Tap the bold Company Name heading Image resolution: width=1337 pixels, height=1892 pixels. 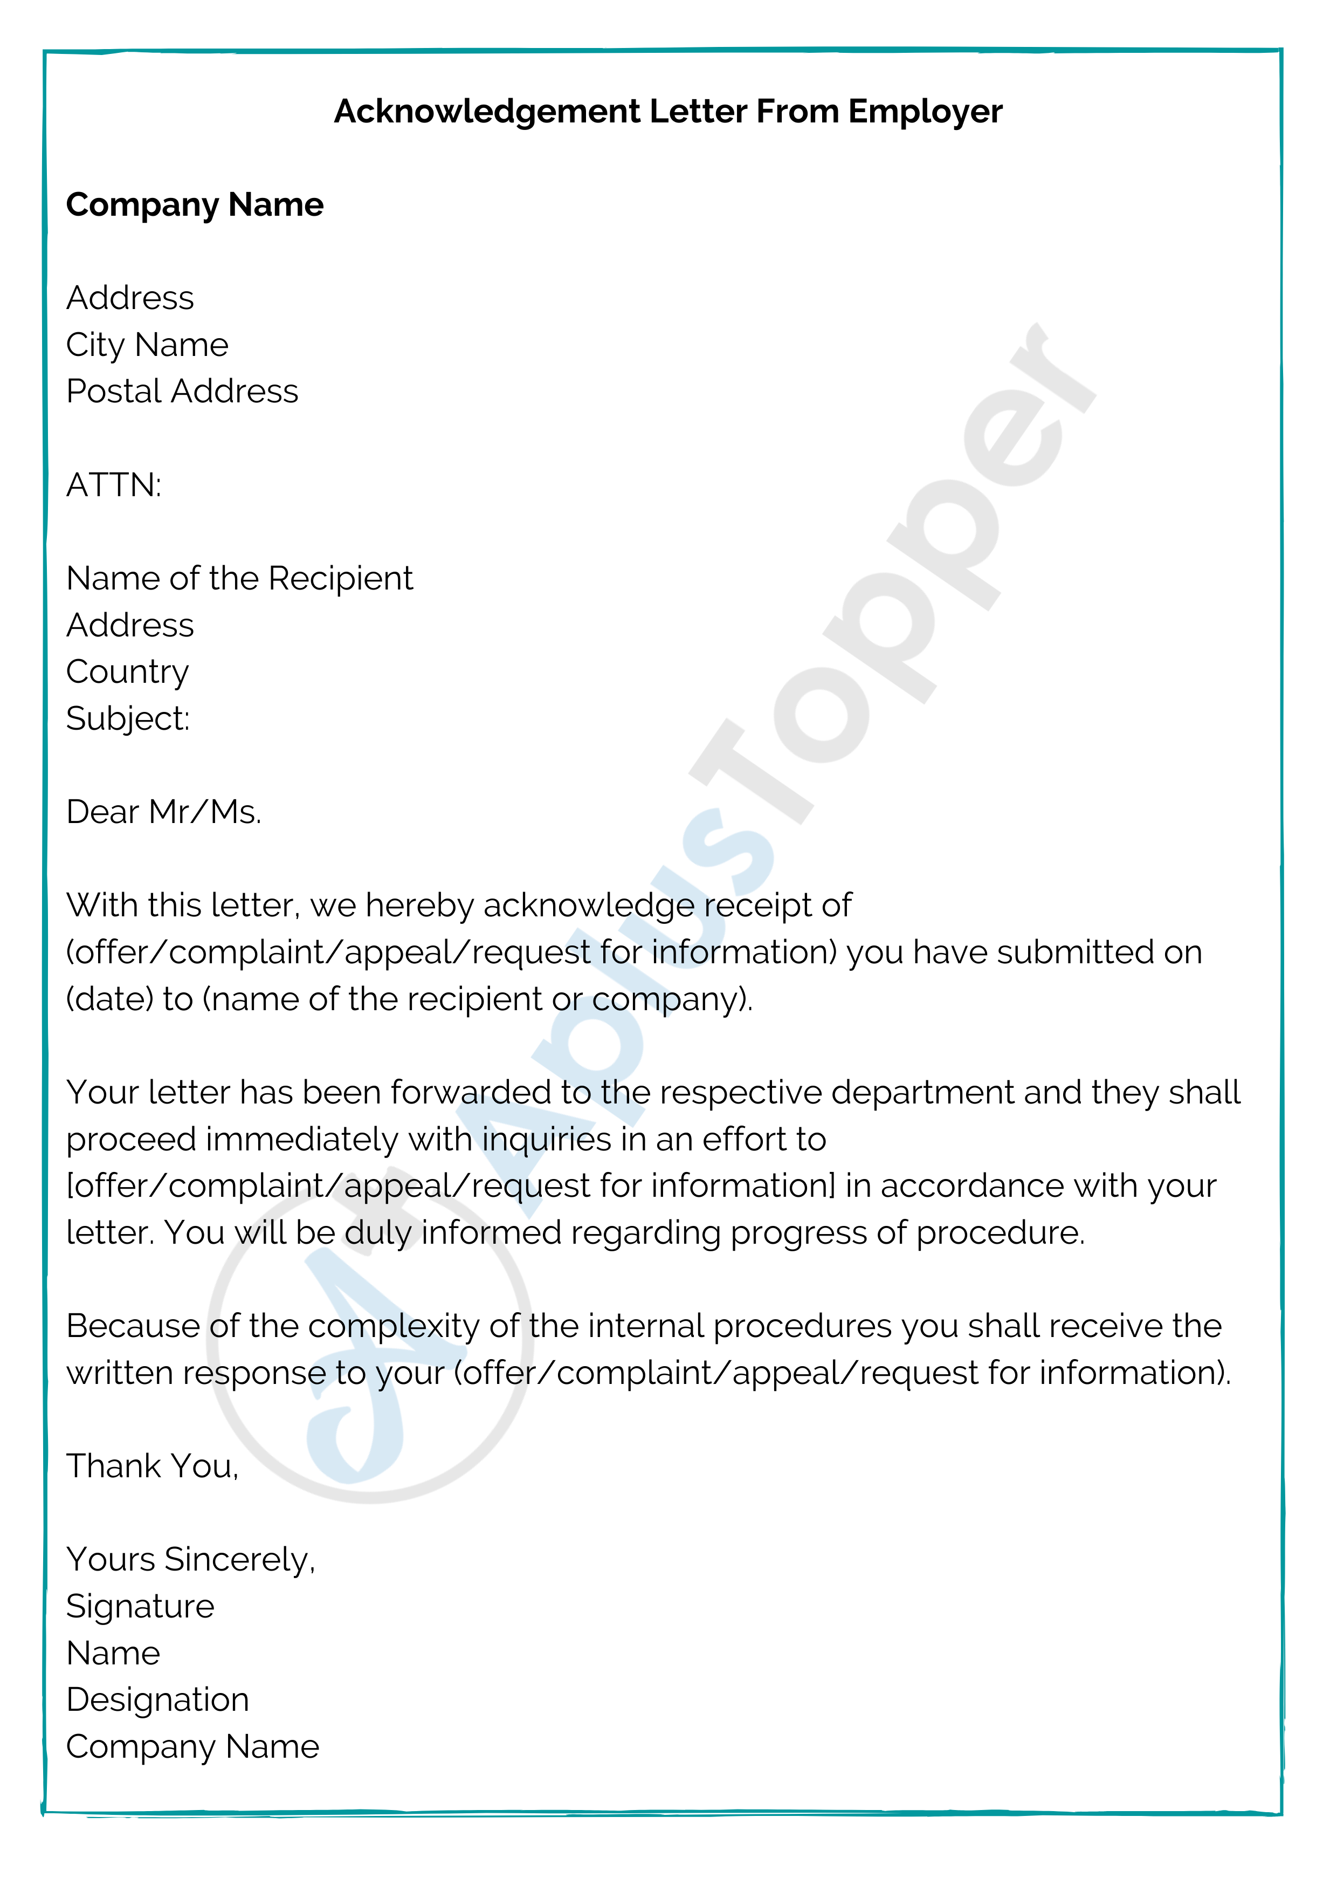point(195,205)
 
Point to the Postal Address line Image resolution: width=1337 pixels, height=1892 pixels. point(182,392)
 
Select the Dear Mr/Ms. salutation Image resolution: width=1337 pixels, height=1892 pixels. point(163,812)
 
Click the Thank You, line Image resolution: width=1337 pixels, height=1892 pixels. point(153,1467)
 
